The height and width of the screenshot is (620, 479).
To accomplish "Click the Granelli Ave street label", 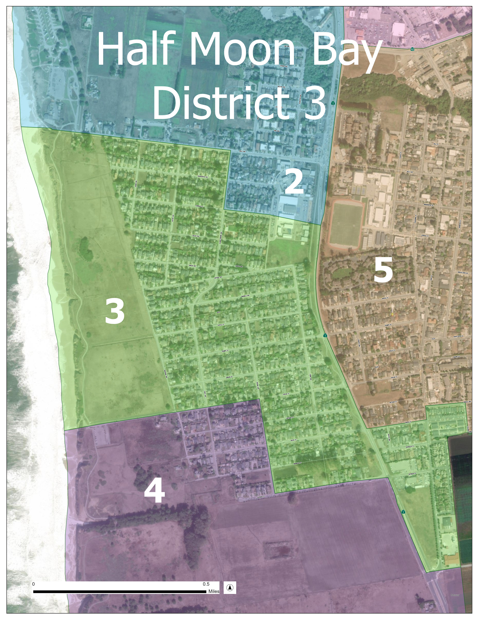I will pyautogui.click(x=245, y=296).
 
